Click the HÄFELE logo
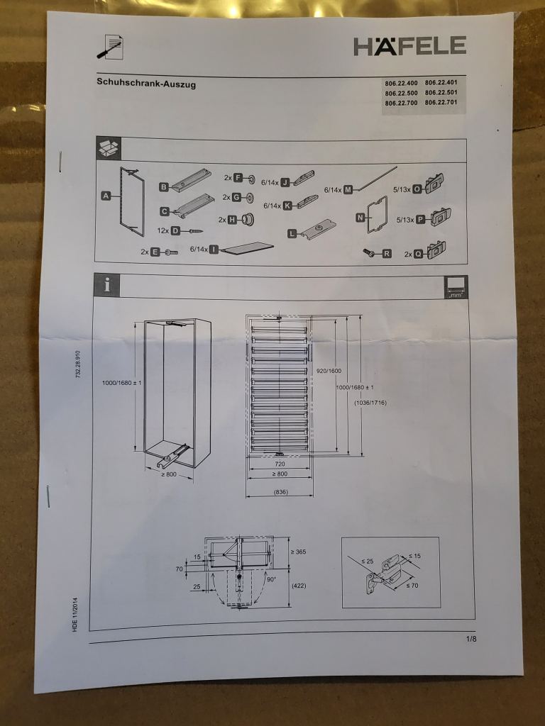click(x=410, y=46)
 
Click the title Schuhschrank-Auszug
click(x=146, y=84)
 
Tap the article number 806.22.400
click(x=402, y=83)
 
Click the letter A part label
click(x=106, y=196)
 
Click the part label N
click(x=360, y=218)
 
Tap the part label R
click(x=387, y=253)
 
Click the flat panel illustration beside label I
click(x=248, y=247)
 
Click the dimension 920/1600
click(x=329, y=371)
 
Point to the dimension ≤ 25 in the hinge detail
click(x=368, y=561)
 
